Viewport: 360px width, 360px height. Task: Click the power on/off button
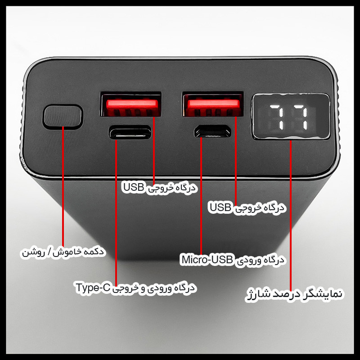click(63, 117)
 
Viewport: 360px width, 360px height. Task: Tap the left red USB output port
click(131, 104)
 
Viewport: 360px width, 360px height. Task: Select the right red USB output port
click(213, 104)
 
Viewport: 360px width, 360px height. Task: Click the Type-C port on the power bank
click(130, 132)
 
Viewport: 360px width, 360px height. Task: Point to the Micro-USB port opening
click(213, 131)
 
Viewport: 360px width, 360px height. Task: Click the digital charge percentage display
click(291, 117)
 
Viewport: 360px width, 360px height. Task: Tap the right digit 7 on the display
click(301, 117)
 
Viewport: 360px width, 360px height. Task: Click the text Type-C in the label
click(93, 288)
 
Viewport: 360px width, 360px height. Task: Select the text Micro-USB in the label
click(207, 260)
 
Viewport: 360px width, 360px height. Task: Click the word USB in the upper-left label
click(134, 187)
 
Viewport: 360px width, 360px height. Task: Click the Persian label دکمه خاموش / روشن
click(63, 252)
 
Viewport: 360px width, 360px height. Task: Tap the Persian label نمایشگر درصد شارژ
click(294, 294)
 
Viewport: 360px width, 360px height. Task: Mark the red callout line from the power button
click(63, 186)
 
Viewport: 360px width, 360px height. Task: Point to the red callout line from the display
click(291, 216)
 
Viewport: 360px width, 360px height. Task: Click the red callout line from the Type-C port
click(116, 213)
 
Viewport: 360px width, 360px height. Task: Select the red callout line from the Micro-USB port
click(201, 196)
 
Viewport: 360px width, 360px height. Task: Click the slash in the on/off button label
click(49, 252)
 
